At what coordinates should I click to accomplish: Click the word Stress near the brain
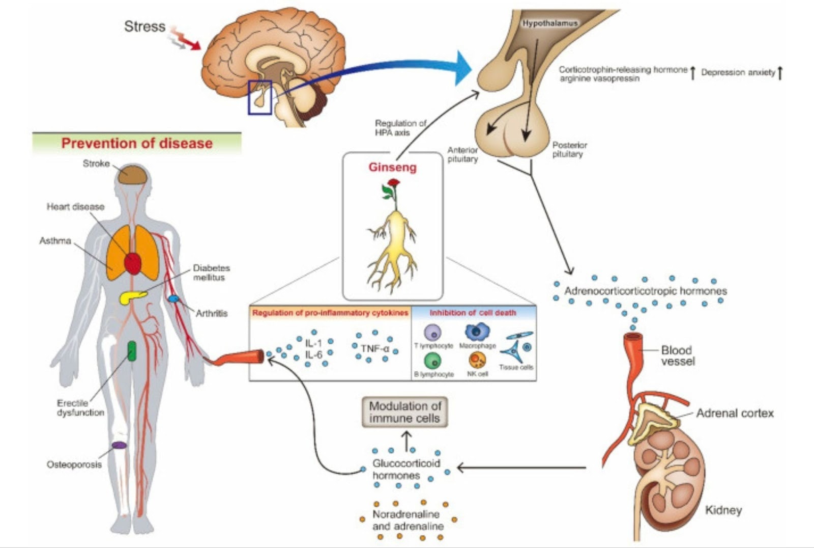coord(144,26)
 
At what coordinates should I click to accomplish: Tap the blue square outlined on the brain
coord(259,97)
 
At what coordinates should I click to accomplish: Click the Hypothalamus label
coord(550,23)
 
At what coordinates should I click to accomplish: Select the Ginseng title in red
coord(392,168)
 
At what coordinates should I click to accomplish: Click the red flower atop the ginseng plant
coord(393,183)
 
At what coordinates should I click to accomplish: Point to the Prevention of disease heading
coord(137,143)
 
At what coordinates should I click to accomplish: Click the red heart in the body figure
coord(133,263)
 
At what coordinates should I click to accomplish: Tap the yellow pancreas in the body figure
coord(133,297)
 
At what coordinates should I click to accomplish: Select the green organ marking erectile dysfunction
coord(132,351)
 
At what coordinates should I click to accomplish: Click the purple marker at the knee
coord(119,445)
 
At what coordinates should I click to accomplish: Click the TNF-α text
coord(374,349)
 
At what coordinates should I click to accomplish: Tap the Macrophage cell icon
coord(477,333)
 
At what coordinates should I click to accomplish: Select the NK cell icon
coord(477,360)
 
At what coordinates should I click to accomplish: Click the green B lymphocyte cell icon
coord(432,361)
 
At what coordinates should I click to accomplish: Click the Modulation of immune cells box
coord(404,412)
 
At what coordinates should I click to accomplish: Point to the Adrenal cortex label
coord(734,413)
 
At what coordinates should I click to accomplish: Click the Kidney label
coord(723,510)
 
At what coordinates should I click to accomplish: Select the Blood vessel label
coord(677,355)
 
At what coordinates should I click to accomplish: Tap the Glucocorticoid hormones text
coord(405,469)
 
